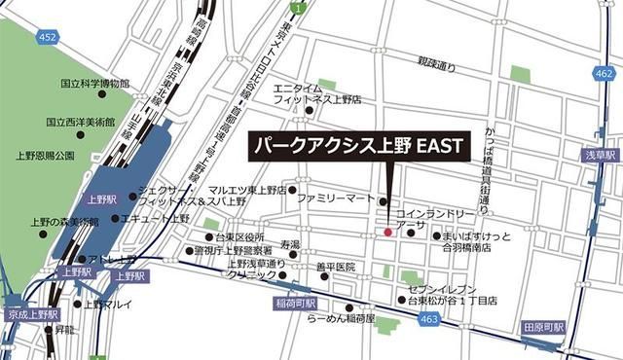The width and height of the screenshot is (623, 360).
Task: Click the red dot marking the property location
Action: pos(387,233)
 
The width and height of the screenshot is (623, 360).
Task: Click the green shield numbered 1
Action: pos(300,8)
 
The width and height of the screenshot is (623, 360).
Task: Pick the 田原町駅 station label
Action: pos(542,327)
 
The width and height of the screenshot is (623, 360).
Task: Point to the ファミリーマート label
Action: pos(335,198)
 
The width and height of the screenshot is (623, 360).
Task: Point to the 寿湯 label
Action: pos(290,243)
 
